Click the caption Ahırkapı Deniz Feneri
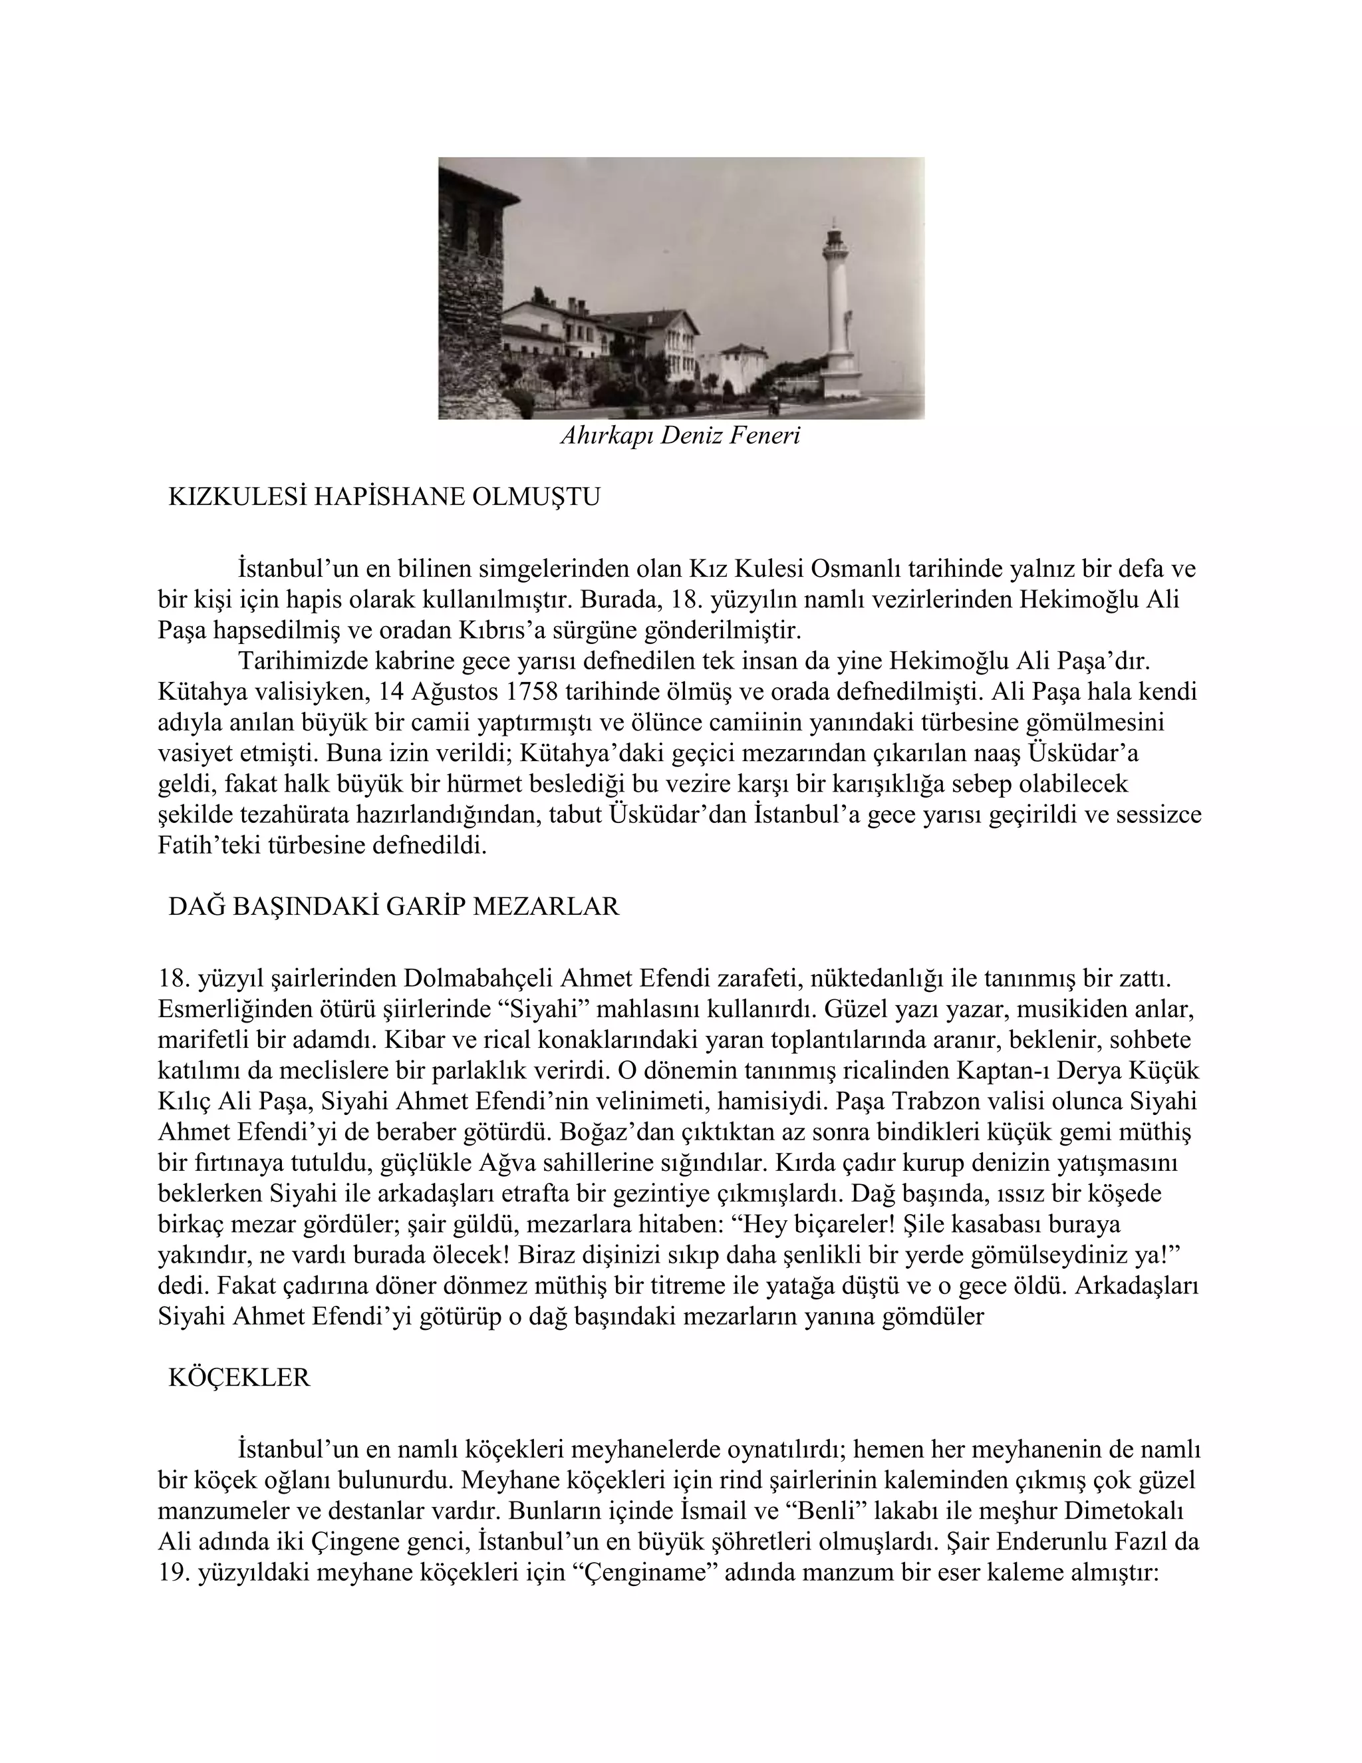(680, 436)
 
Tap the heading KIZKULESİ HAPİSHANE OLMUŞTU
(384, 497)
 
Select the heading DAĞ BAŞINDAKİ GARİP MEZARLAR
(394, 907)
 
